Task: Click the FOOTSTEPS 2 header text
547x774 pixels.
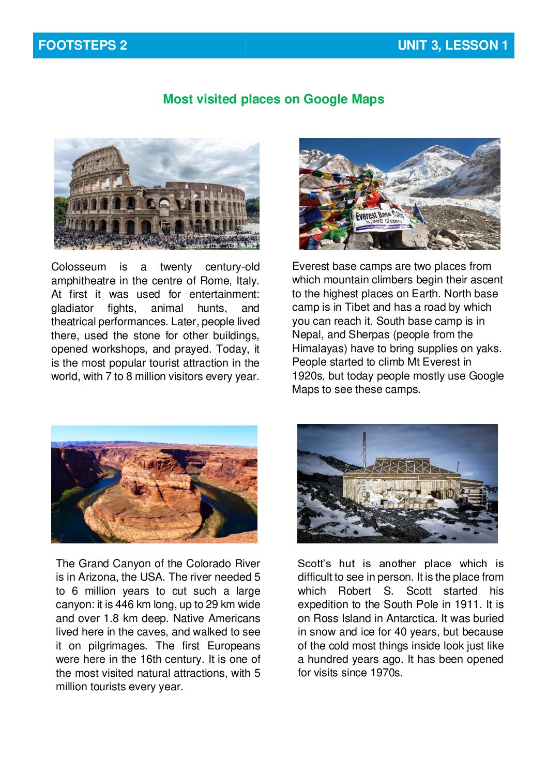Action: pos(83,45)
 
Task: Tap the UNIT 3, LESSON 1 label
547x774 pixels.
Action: pos(452,45)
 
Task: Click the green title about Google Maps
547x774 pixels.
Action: pos(273,99)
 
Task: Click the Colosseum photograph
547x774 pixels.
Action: pos(157,193)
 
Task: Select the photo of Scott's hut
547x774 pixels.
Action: pos(397,483)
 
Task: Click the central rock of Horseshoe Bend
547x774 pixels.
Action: pos(155,496)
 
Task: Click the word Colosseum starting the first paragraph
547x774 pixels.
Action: pos(79,267)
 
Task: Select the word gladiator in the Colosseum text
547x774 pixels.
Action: pos(72,309)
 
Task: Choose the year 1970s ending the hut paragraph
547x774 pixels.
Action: pos(386,673)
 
